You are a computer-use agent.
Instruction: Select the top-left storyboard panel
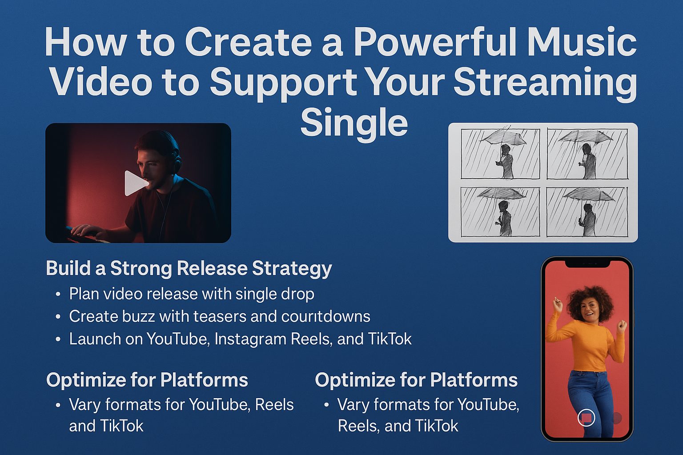pos(500,154)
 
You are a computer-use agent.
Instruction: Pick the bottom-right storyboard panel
pos(587,212)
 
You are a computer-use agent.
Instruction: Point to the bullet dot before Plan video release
pos(58,295)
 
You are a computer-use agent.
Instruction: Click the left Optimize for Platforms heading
pos(147,380)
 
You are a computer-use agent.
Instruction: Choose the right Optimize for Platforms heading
pos(416,380)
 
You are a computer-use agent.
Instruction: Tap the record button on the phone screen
pos(586,417)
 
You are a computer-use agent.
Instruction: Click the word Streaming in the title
pos(545,84)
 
